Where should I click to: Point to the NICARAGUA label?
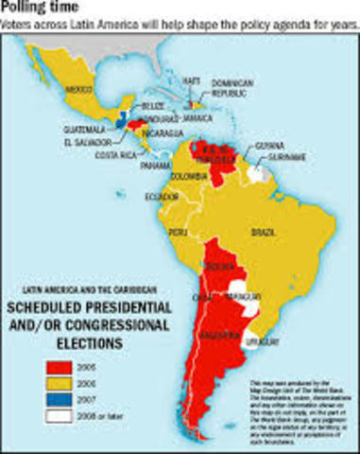(x=164, y=132)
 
